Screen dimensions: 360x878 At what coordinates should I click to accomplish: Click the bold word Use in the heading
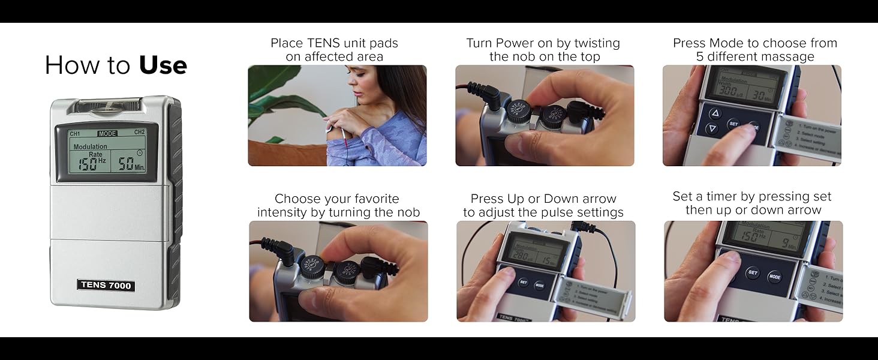pos(163,65)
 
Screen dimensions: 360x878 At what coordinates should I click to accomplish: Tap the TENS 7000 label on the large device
pos(106,286)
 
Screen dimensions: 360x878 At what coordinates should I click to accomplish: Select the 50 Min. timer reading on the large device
pos(130,164)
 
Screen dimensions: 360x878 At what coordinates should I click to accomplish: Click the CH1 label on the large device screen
pos(75,133)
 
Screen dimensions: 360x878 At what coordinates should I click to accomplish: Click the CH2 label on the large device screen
pos(139,133)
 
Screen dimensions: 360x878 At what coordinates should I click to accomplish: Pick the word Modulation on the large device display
pos(90,146)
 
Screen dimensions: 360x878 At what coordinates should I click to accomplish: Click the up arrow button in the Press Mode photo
pos(714,113)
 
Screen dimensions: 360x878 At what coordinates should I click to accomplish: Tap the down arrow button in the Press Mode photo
pos(712,128)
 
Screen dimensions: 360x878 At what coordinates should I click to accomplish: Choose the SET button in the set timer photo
pos(753,272)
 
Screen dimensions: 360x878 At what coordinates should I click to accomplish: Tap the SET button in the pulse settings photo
pos(523,282)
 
